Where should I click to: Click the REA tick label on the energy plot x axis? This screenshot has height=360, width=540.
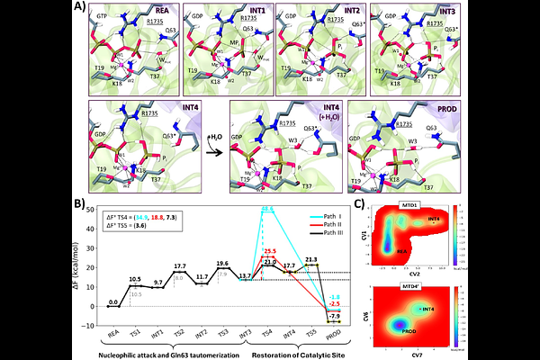pyautogui.click(x=111, y=332)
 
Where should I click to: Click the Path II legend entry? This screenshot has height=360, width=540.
pyautogui.click(x=339, y=225)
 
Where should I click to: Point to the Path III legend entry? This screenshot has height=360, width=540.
pyautogui.click(x=339, y=234)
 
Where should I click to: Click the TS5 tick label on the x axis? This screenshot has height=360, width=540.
pyautogui.click(x=311, y=332)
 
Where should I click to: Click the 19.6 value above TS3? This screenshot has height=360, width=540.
pyautogui.click(x=222, y=263)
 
